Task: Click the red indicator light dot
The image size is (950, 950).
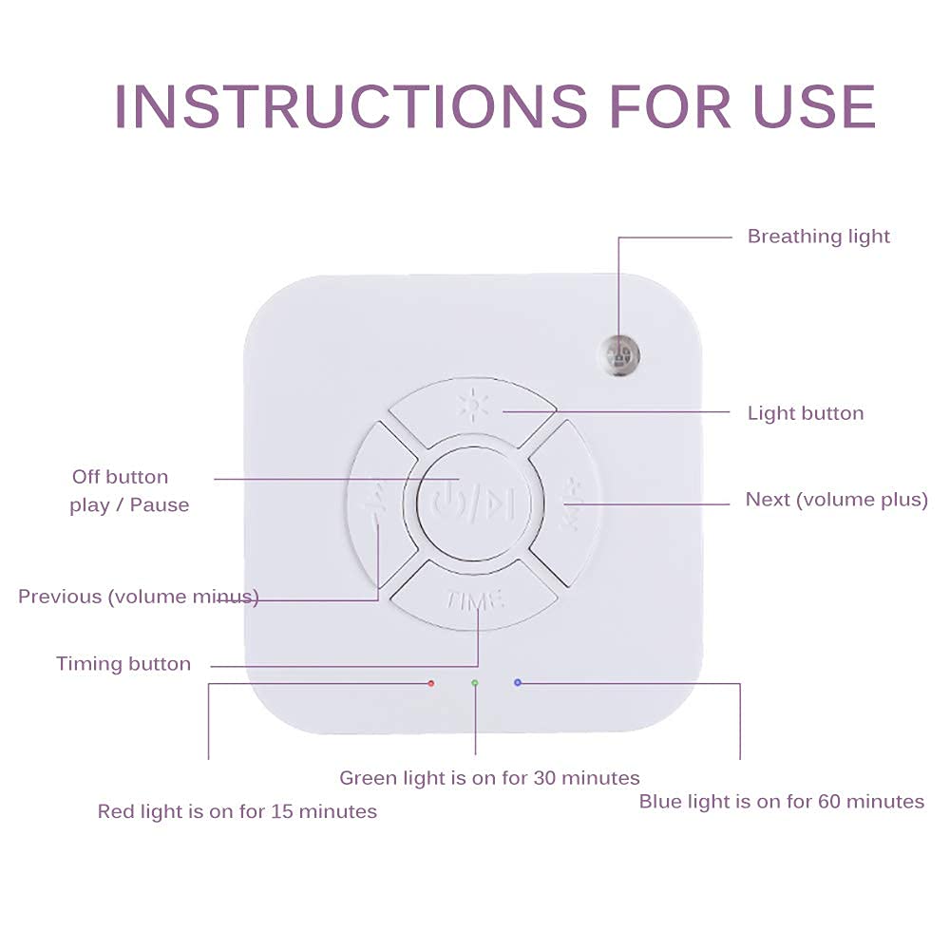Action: [x=431, y=683]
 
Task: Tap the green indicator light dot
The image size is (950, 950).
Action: [x=475, y=683]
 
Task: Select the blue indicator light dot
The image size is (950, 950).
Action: [x=518, y=683]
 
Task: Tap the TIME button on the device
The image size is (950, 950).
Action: [x=477, y=599]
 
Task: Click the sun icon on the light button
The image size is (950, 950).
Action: [x=471, y=407]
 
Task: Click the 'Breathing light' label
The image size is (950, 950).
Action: [x=818, y=237]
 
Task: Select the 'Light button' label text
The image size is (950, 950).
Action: [x=806, y=413]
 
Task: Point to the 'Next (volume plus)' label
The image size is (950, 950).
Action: [x=836, y=500]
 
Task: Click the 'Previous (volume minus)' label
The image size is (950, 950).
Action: [x=139, y=597]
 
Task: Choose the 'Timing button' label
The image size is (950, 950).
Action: [x=123, y=664]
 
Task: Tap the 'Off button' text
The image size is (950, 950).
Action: [x=120, y=477]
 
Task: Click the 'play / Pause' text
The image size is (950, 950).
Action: [x=129, y=505]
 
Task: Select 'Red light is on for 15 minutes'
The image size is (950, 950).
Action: [x=237, y=811]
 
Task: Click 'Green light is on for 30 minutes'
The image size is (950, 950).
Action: [x=489, y=778]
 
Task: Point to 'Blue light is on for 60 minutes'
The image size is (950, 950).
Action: [x=781, y=802]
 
